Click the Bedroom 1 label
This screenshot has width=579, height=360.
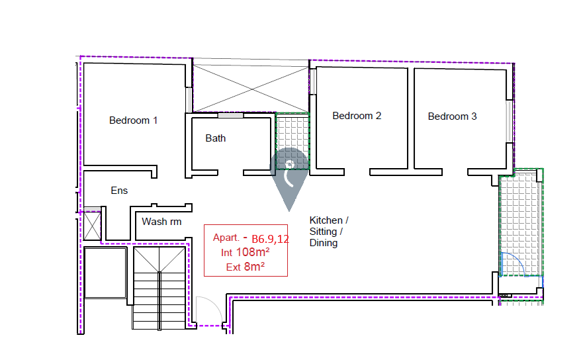point(133,120)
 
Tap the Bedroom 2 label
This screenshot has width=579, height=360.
point(357,116)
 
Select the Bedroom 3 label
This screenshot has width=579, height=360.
point(452,116)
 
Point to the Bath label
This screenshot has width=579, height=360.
point(215,138)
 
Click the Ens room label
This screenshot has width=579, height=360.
point(119,191)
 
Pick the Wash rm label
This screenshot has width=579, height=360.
point(161,222)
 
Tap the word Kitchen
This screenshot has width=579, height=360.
point(326,220)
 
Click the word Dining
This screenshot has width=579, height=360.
point(324,243)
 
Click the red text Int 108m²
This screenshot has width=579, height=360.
point(245,252)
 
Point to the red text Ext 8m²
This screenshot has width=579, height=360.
point(245,267)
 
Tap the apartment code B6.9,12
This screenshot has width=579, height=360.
point(270,239)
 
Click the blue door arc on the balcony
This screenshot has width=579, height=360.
point(512,264)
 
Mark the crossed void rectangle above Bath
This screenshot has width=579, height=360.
point(250,85)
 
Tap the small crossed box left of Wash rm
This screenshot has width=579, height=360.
point(91,226)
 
